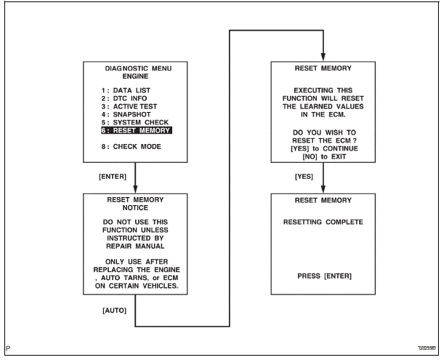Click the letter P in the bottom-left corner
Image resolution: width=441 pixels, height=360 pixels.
pos(7,348)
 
